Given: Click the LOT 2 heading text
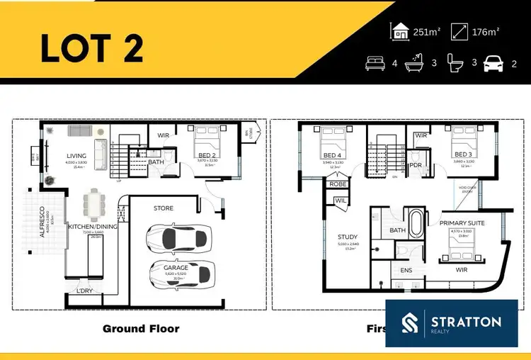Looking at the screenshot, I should (91, 47).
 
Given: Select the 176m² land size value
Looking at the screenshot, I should (486, 32).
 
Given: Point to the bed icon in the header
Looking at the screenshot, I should (375, 64).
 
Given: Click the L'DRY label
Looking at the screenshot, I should (85, 291).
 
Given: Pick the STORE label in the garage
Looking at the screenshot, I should (163, 208).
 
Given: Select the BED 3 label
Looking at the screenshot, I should (463, 154).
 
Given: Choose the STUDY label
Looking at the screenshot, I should (347, 237).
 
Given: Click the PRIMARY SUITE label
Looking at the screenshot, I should (463, 223).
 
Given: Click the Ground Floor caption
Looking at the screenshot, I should (141, 328).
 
